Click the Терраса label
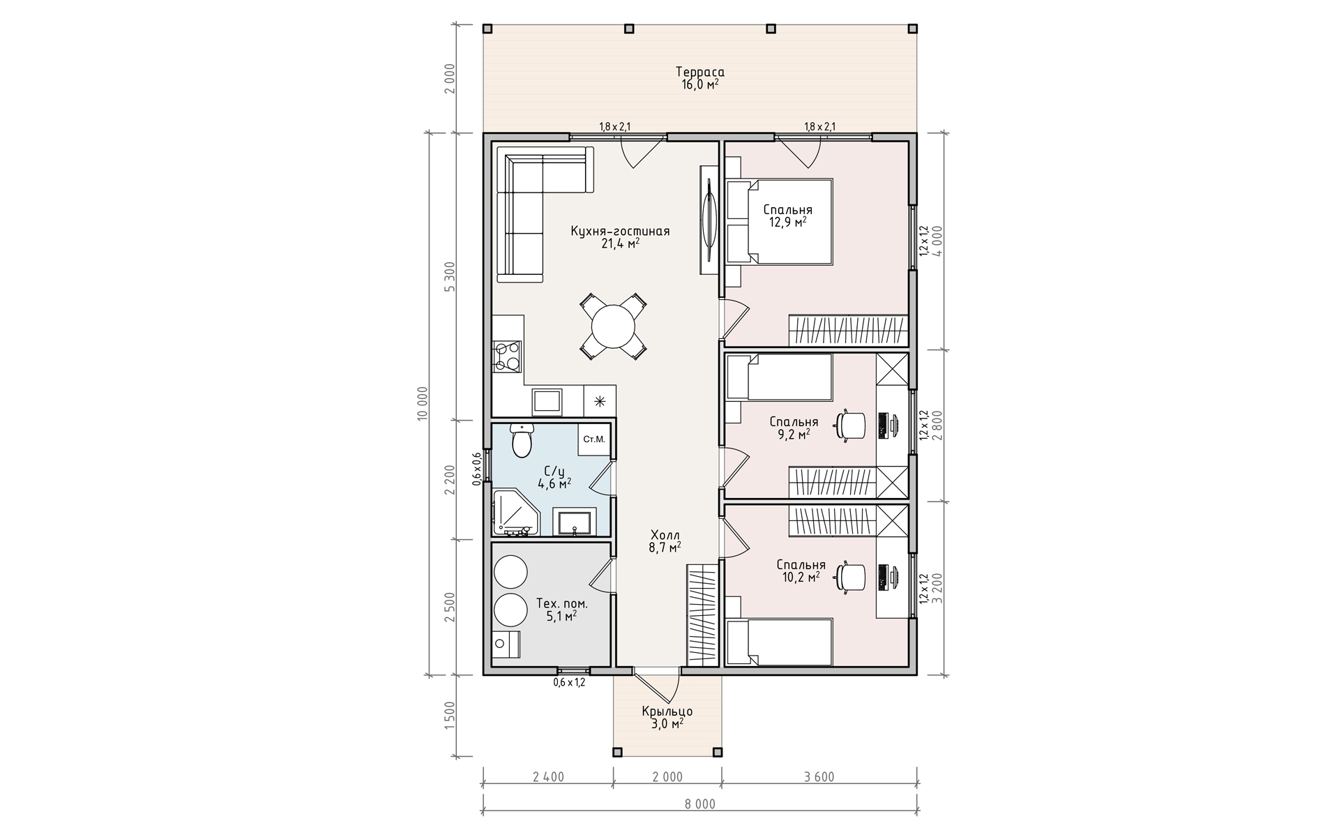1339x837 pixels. click(x=700, y=72)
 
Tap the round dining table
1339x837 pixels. click(x=614, y=326)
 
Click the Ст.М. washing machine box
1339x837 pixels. click(x=593, y=439)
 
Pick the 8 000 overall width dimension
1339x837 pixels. click(x=700, y=804)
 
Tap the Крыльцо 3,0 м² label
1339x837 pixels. click(x=667, y=718)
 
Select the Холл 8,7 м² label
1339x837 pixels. click(x=665, y=541)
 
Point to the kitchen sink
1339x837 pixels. click(x=547, y=402)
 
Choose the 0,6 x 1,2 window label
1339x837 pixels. click(x=569, y=682)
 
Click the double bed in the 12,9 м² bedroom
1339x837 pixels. click(x=780, y=222)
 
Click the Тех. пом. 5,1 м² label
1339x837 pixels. click(x=561, y=610)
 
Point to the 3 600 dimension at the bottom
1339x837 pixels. click(x=819, y=777)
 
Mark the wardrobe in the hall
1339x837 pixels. click(x=702, y=614)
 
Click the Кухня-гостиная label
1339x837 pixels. click(x=620, y=231)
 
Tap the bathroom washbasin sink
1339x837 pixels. click(x=574, y=521)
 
